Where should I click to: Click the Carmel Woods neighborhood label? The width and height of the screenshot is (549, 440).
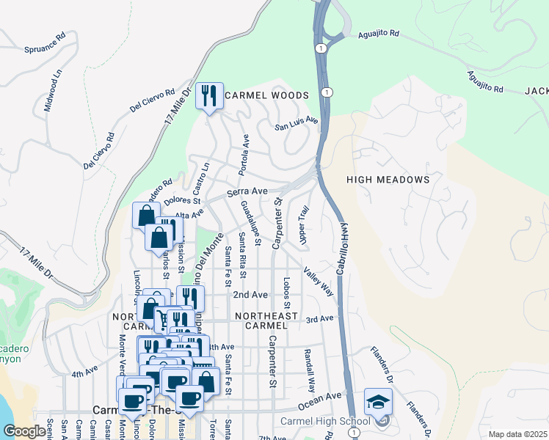pyautogui.click(x=267, y=95)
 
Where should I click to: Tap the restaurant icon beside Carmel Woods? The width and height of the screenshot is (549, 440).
pyautogui.click(x=209, y=95)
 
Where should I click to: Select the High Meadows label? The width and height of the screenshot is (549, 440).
pyautogui.click(x=387, y=179)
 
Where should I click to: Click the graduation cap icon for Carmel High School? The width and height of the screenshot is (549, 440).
pyautogui.click(x=378, y=401)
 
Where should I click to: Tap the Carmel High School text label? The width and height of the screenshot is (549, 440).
pyautogui.click(x=325, y=421)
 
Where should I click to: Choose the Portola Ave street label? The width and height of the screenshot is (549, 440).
pyautogui.click(x=243, y=155)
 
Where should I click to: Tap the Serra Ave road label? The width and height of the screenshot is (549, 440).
pyautogui.click(x=247, y=191)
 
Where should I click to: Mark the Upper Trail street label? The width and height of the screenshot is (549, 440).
pyautogui.click(x=302, y=225)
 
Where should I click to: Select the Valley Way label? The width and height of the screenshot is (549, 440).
pyautogui.click(x=319, y=282)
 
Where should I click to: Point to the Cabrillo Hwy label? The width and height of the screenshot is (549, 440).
pyautogui.click(x=341, y=249)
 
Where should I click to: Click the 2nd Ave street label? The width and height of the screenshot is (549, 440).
pyautogui.click(x=250, y=294)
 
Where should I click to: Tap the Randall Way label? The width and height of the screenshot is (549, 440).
pyautogui.click(x=310, y=372)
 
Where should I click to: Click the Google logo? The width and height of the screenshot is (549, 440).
pyautogui.click(x=24, y=432)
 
